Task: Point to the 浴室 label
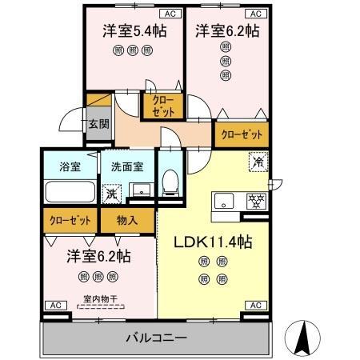(59, 166)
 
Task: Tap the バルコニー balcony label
(156, 338)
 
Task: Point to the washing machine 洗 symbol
(111, 193)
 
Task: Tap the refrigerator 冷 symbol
(260, 160)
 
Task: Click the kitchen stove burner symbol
(257, 201)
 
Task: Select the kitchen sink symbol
(223, 200)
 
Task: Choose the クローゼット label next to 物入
(68, 218)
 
